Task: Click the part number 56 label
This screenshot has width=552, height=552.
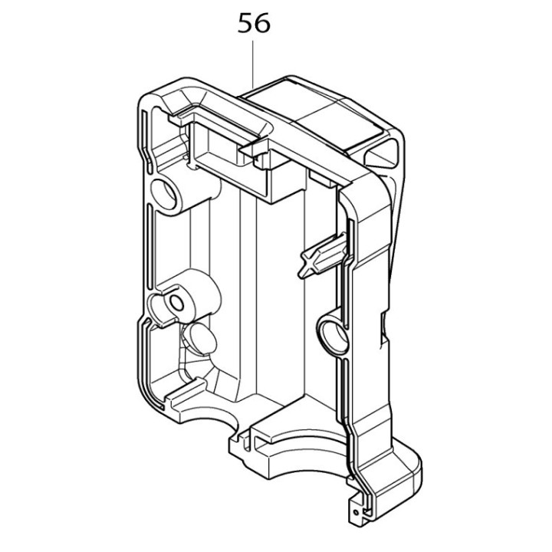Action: pos(254,25)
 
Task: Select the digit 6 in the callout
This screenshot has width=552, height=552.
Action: pos(262,25)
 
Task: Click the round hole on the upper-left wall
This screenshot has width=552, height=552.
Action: pos(163,189)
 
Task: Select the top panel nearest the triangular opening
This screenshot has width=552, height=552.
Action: pos(337,123)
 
